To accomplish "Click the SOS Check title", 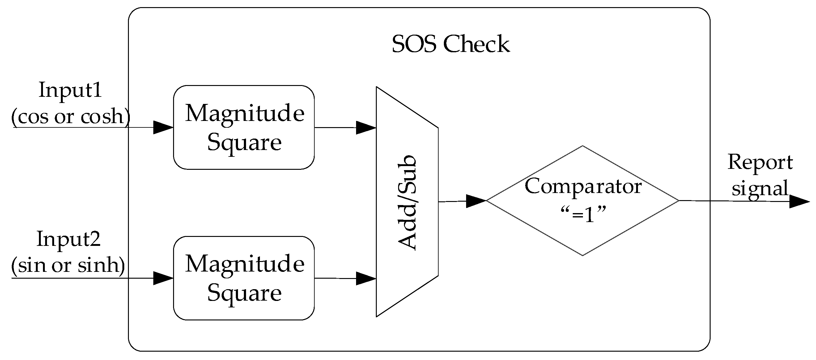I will tap(450, 44).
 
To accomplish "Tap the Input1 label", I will tap(70, 90).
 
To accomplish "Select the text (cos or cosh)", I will tap(70, 117).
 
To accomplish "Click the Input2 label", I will tap(68, 239).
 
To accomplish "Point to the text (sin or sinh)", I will tap(68, 265).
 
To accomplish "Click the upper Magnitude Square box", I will tap(244, 127).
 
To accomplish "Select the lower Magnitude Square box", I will tap(244, 278).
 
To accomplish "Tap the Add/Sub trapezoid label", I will tap(407, 203).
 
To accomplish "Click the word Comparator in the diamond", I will tap(583, 186).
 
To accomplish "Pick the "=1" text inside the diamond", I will tap(583, 215).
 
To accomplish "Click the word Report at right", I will tap(760, 163).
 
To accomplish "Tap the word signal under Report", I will tap(760, 189).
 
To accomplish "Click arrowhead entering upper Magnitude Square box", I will tap(163, 127).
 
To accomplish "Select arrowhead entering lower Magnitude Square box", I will tap(163, 278).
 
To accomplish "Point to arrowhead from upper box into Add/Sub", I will tap(366, 127).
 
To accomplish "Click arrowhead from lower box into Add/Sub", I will tap(366, 278).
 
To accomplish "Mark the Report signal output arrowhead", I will tap(799, 202).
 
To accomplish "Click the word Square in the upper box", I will tap(244, 142).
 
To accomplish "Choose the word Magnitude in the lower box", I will tap(244, 264).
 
